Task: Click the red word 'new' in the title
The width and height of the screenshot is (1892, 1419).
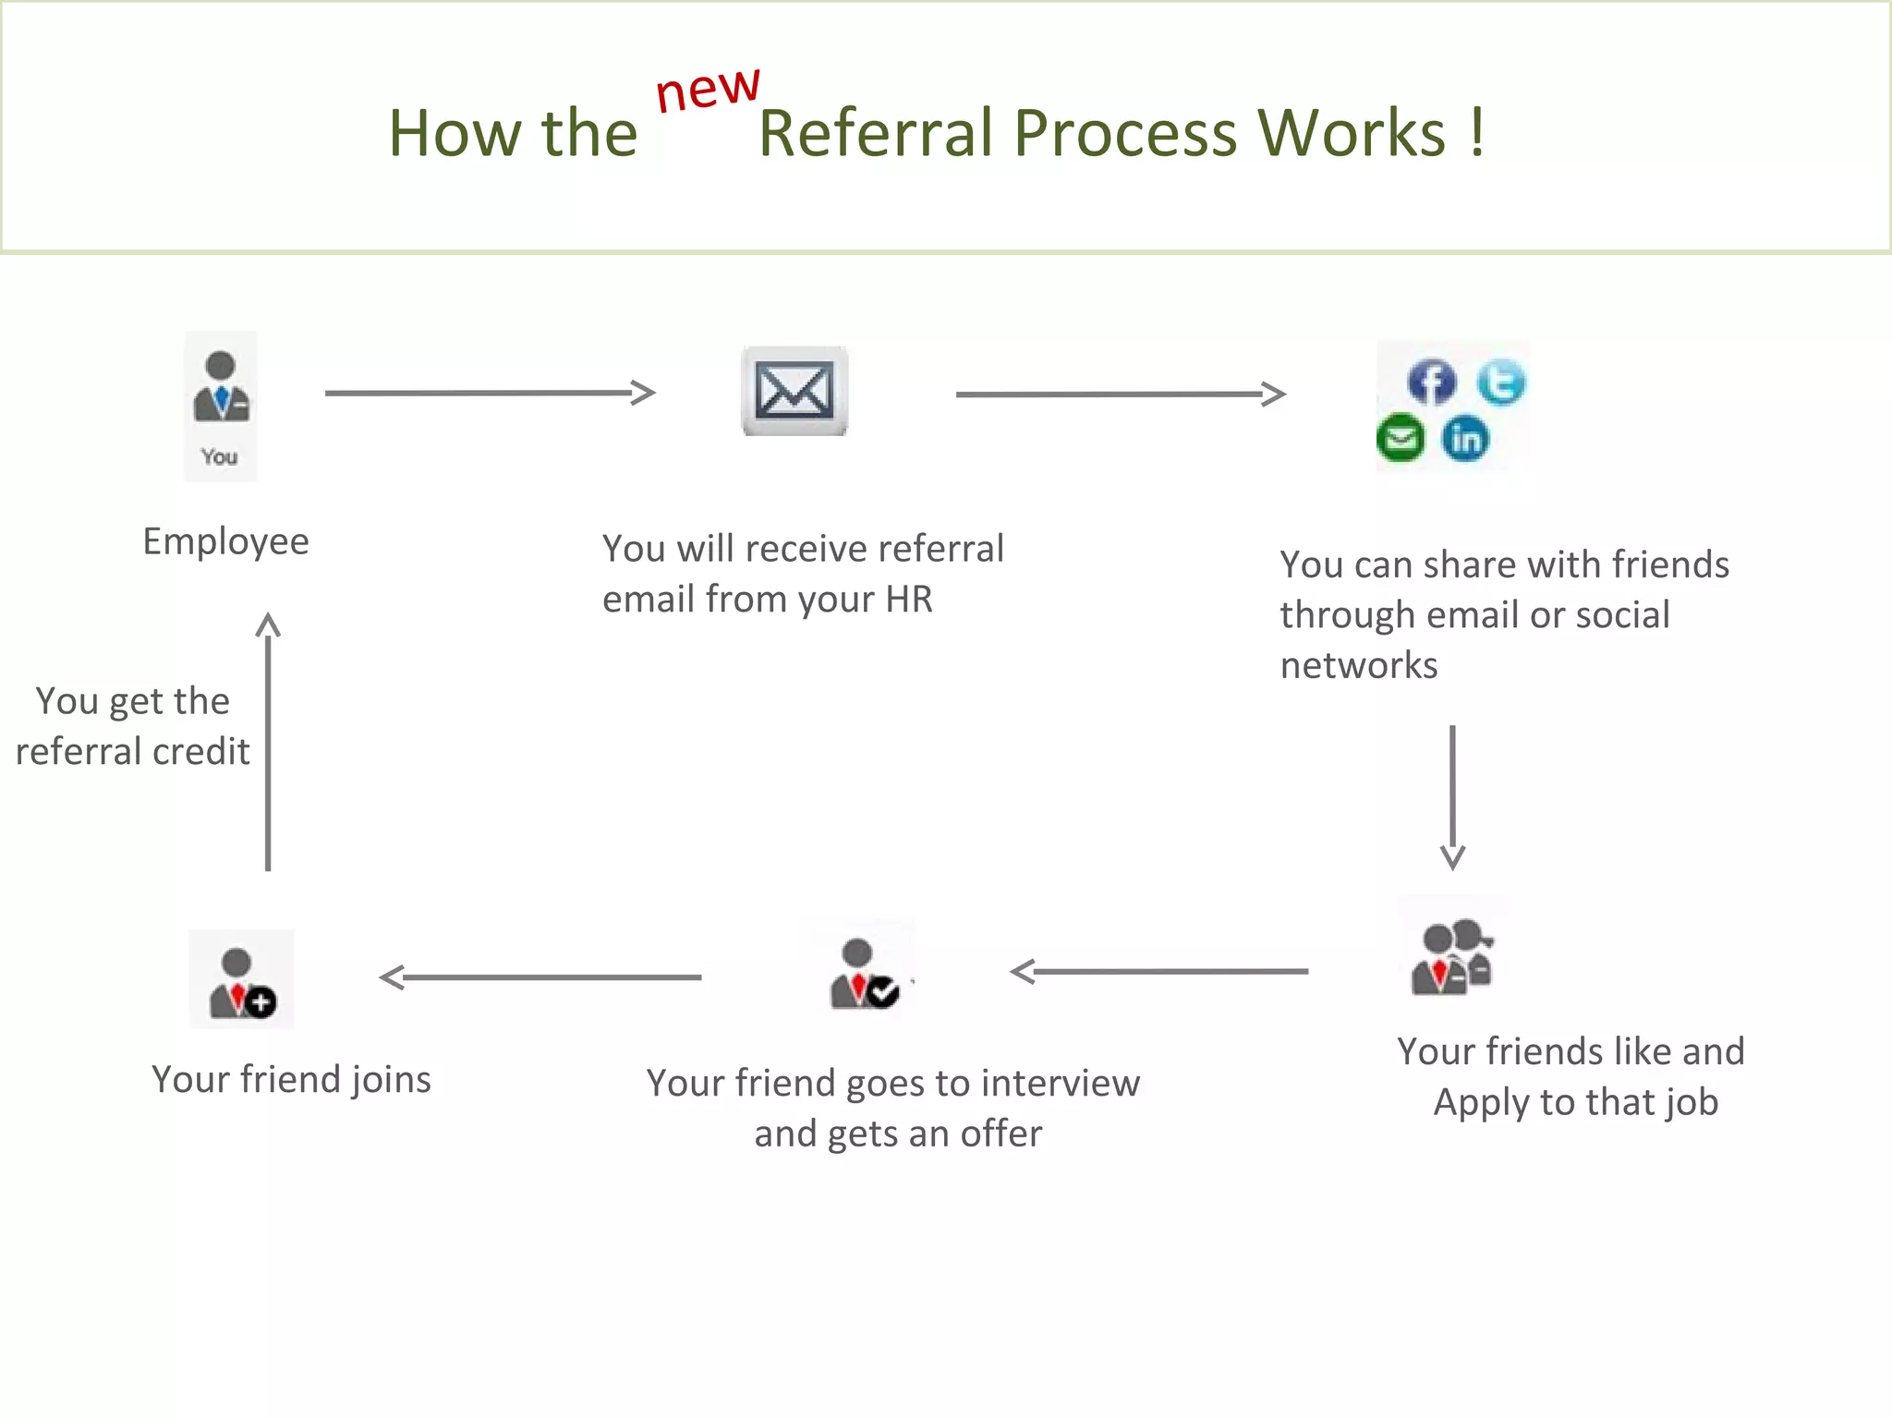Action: click(x=708, y=90)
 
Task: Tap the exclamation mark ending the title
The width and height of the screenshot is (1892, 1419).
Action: click(x=1477, y=133)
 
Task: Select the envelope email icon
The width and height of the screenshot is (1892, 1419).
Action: click(x=794, y=391)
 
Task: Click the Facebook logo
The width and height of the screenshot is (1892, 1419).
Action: click(x=1431, y=382)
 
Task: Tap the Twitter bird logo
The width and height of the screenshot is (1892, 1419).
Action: click(x=1500, y=382)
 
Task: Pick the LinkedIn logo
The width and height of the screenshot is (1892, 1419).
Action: click(x=1466, y=439)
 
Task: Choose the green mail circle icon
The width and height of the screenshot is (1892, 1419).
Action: click(x=1401, y=438)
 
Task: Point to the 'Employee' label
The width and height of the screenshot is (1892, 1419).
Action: click(x=225, y=541)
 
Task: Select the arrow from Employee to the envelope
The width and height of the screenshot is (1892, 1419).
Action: click(x=490, y=393)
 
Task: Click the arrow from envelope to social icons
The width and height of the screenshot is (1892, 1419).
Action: click(x=1120, y=394)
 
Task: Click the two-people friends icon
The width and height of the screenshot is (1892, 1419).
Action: click(x=1451, y=957)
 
